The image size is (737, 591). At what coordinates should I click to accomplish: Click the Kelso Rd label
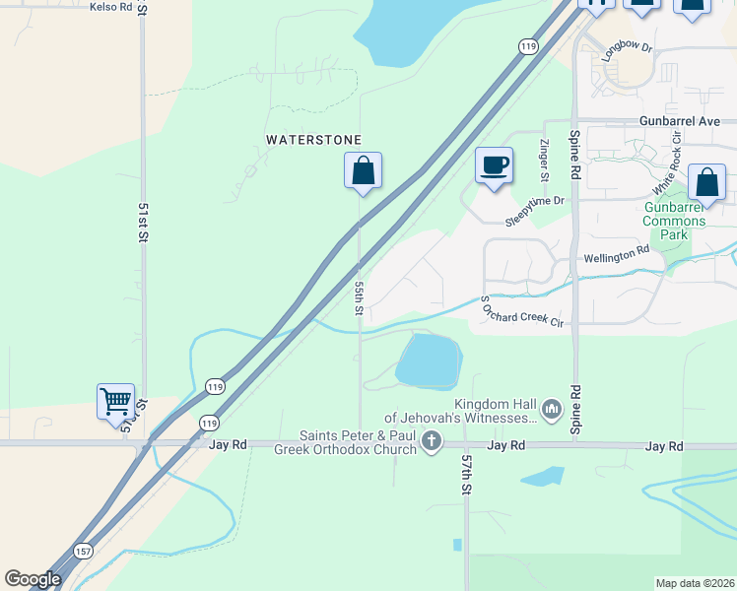coord(110,7)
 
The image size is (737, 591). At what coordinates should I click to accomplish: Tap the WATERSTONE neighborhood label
coord(313,141)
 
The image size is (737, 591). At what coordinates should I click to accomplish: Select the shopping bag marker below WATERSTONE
coord(363,170)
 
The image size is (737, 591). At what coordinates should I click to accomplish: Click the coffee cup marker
coord(494,164)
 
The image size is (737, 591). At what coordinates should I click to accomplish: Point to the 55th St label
coord(360,296)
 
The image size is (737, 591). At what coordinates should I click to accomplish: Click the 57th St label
coord(466,474)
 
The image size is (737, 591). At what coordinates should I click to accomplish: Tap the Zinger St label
coord(544,160)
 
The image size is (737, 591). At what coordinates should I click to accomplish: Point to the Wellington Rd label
coord(617,252)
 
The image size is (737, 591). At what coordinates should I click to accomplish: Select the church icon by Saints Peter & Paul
coord(431,443)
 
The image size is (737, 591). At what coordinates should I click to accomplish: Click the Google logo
coord(33,579)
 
